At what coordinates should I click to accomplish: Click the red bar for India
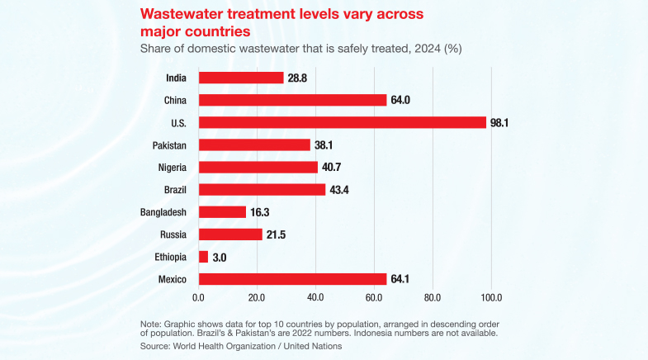(x=241, y=78)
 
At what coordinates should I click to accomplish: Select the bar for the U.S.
(x=342, y=122)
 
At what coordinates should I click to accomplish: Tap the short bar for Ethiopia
(x=203, y=257)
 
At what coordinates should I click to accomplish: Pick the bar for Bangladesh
(x=222, y=212)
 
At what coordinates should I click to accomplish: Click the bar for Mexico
(x=292, y=279)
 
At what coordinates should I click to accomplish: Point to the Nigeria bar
(x=258, y=168)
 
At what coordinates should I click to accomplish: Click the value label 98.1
(x=499, y=122)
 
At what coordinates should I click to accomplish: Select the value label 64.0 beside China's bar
(x=400, y=100)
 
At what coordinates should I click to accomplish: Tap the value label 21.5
(x=276, y=234)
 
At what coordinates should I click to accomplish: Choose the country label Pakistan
(x=168, y=144)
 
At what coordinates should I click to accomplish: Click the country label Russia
(x=172, y=234)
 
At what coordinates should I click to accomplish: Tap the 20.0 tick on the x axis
(x=257, y=297)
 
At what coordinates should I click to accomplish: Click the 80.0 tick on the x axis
(x=433, y=297)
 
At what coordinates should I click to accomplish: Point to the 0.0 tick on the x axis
(x=198, y=297)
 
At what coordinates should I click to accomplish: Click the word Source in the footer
(x=156, y=347)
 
